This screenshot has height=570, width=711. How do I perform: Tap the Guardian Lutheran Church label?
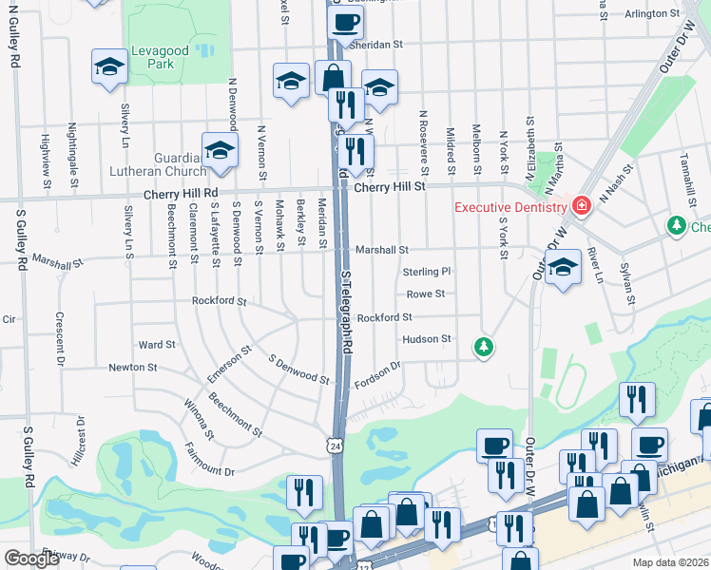181,164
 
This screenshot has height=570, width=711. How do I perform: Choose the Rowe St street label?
426,294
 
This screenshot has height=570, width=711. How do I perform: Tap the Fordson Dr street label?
378,371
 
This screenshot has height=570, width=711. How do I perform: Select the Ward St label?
157,345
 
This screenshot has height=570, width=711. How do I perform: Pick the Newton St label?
132,368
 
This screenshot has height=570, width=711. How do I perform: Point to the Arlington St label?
653,15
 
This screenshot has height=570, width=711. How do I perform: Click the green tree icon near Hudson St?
484,347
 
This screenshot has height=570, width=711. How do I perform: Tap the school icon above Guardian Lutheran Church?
220,150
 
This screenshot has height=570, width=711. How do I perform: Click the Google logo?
31,559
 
